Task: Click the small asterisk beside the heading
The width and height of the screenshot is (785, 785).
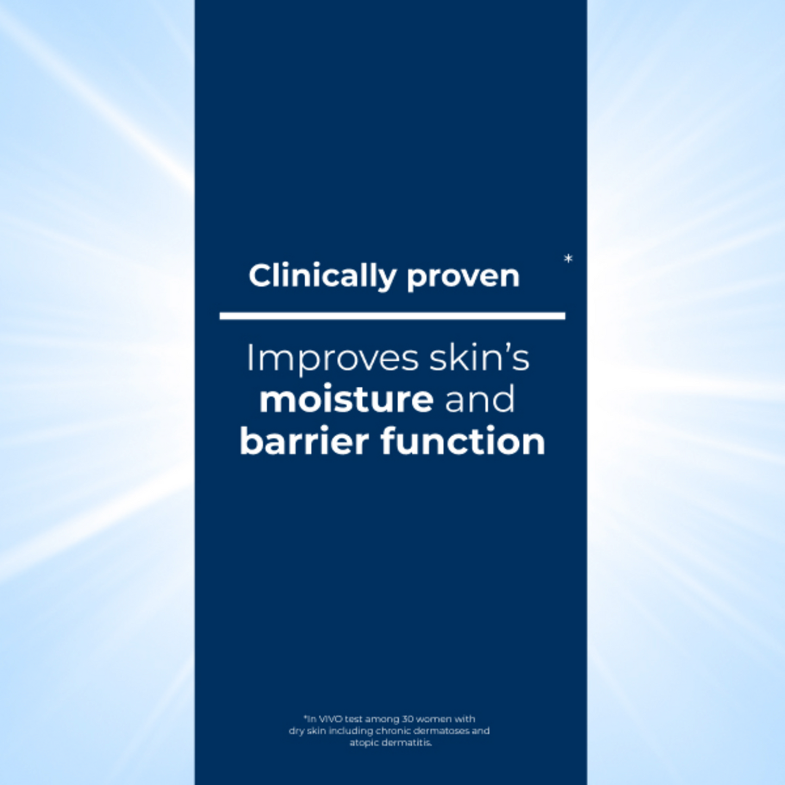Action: (x=568, y=258)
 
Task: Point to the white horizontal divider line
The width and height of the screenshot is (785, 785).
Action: (x=392, y=316)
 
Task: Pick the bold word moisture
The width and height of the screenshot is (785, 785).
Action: (x=346, y=400)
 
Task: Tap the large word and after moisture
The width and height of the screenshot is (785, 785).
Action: (x=480, y=399)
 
